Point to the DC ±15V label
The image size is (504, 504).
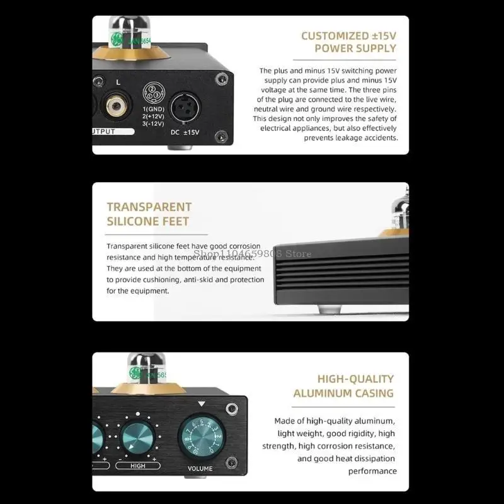tap(184, 132)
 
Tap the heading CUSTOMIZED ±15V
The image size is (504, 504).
tap(348, 36)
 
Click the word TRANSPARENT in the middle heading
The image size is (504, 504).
tap(149, 207)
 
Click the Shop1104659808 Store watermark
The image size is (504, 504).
tap(253, 253)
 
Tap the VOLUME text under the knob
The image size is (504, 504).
tap(200, 468)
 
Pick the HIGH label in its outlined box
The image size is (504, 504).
tap(138, 466)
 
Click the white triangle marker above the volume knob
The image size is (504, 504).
tap(202, 404)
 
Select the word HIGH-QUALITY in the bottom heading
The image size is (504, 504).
tap(355, 379)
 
